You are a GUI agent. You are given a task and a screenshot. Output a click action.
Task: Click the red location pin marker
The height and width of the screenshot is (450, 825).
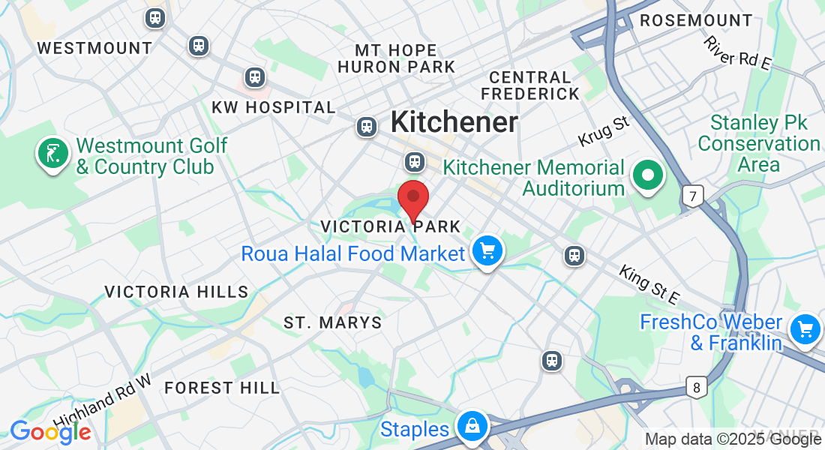pos(412,198)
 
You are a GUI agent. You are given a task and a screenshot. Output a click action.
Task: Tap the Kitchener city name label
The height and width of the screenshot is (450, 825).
pos(454,121)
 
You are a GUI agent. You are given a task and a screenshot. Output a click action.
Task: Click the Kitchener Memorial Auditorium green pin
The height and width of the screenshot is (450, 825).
pos(648,176)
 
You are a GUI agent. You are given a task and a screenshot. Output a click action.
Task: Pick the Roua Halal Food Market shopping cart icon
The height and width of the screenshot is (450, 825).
pos(487,251)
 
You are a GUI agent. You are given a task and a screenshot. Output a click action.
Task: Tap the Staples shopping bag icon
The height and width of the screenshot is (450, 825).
pos(473,426)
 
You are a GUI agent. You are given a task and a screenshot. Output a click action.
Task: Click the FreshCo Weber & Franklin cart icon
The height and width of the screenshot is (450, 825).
pos(805,328)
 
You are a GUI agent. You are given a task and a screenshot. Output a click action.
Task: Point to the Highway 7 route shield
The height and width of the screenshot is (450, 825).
pos(693,197)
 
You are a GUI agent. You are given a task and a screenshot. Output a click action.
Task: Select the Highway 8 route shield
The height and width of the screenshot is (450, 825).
pos(697,388)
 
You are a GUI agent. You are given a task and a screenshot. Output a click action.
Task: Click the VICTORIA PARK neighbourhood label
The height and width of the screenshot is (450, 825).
pos(390,226)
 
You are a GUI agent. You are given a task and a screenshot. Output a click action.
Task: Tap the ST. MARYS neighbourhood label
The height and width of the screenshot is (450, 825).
pos(332,323)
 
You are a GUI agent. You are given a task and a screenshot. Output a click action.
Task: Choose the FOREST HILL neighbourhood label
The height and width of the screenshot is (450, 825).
pos(222,388)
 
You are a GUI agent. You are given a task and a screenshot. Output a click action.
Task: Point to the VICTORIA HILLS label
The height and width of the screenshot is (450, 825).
pos(176,292)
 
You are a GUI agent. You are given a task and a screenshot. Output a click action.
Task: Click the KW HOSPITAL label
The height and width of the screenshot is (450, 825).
pos(273,107)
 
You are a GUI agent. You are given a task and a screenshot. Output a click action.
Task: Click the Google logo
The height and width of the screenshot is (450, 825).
pos(50,432)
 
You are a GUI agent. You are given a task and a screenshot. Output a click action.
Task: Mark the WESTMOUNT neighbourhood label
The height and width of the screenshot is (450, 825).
pos(94,48)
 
